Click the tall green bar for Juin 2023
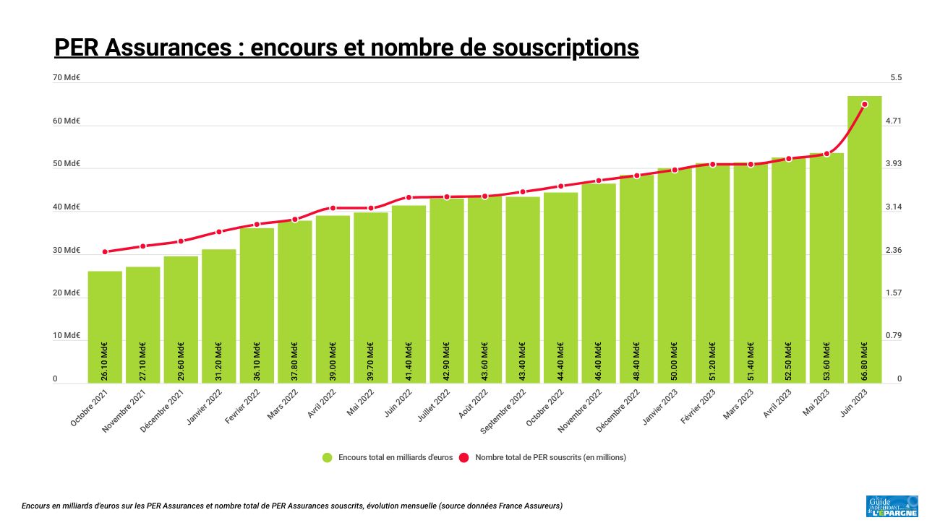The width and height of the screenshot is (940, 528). pyautogui.click(x=865, y=238)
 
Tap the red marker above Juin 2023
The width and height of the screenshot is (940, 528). pyautogui.click(x=865, y=104)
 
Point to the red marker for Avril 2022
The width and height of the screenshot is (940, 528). pyautogui.click(x=333, y=208)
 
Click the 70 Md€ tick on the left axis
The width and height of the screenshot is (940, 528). pyautogui.click(x=67, y=77)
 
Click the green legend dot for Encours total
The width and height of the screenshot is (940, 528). pyautogui.click(x=328, y=457)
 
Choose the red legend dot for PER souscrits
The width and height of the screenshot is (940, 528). pyautogui.click(x=464, y=457)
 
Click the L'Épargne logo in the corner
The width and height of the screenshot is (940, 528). pyautogui.click(x=892, y=506)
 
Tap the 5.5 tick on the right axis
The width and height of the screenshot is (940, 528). pyautogui.click(x=896, y=77)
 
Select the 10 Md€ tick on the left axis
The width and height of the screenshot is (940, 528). pyautogui.click(x=67, y=336)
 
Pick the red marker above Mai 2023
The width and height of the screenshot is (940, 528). pyautogui.click(x=826, y=154)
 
